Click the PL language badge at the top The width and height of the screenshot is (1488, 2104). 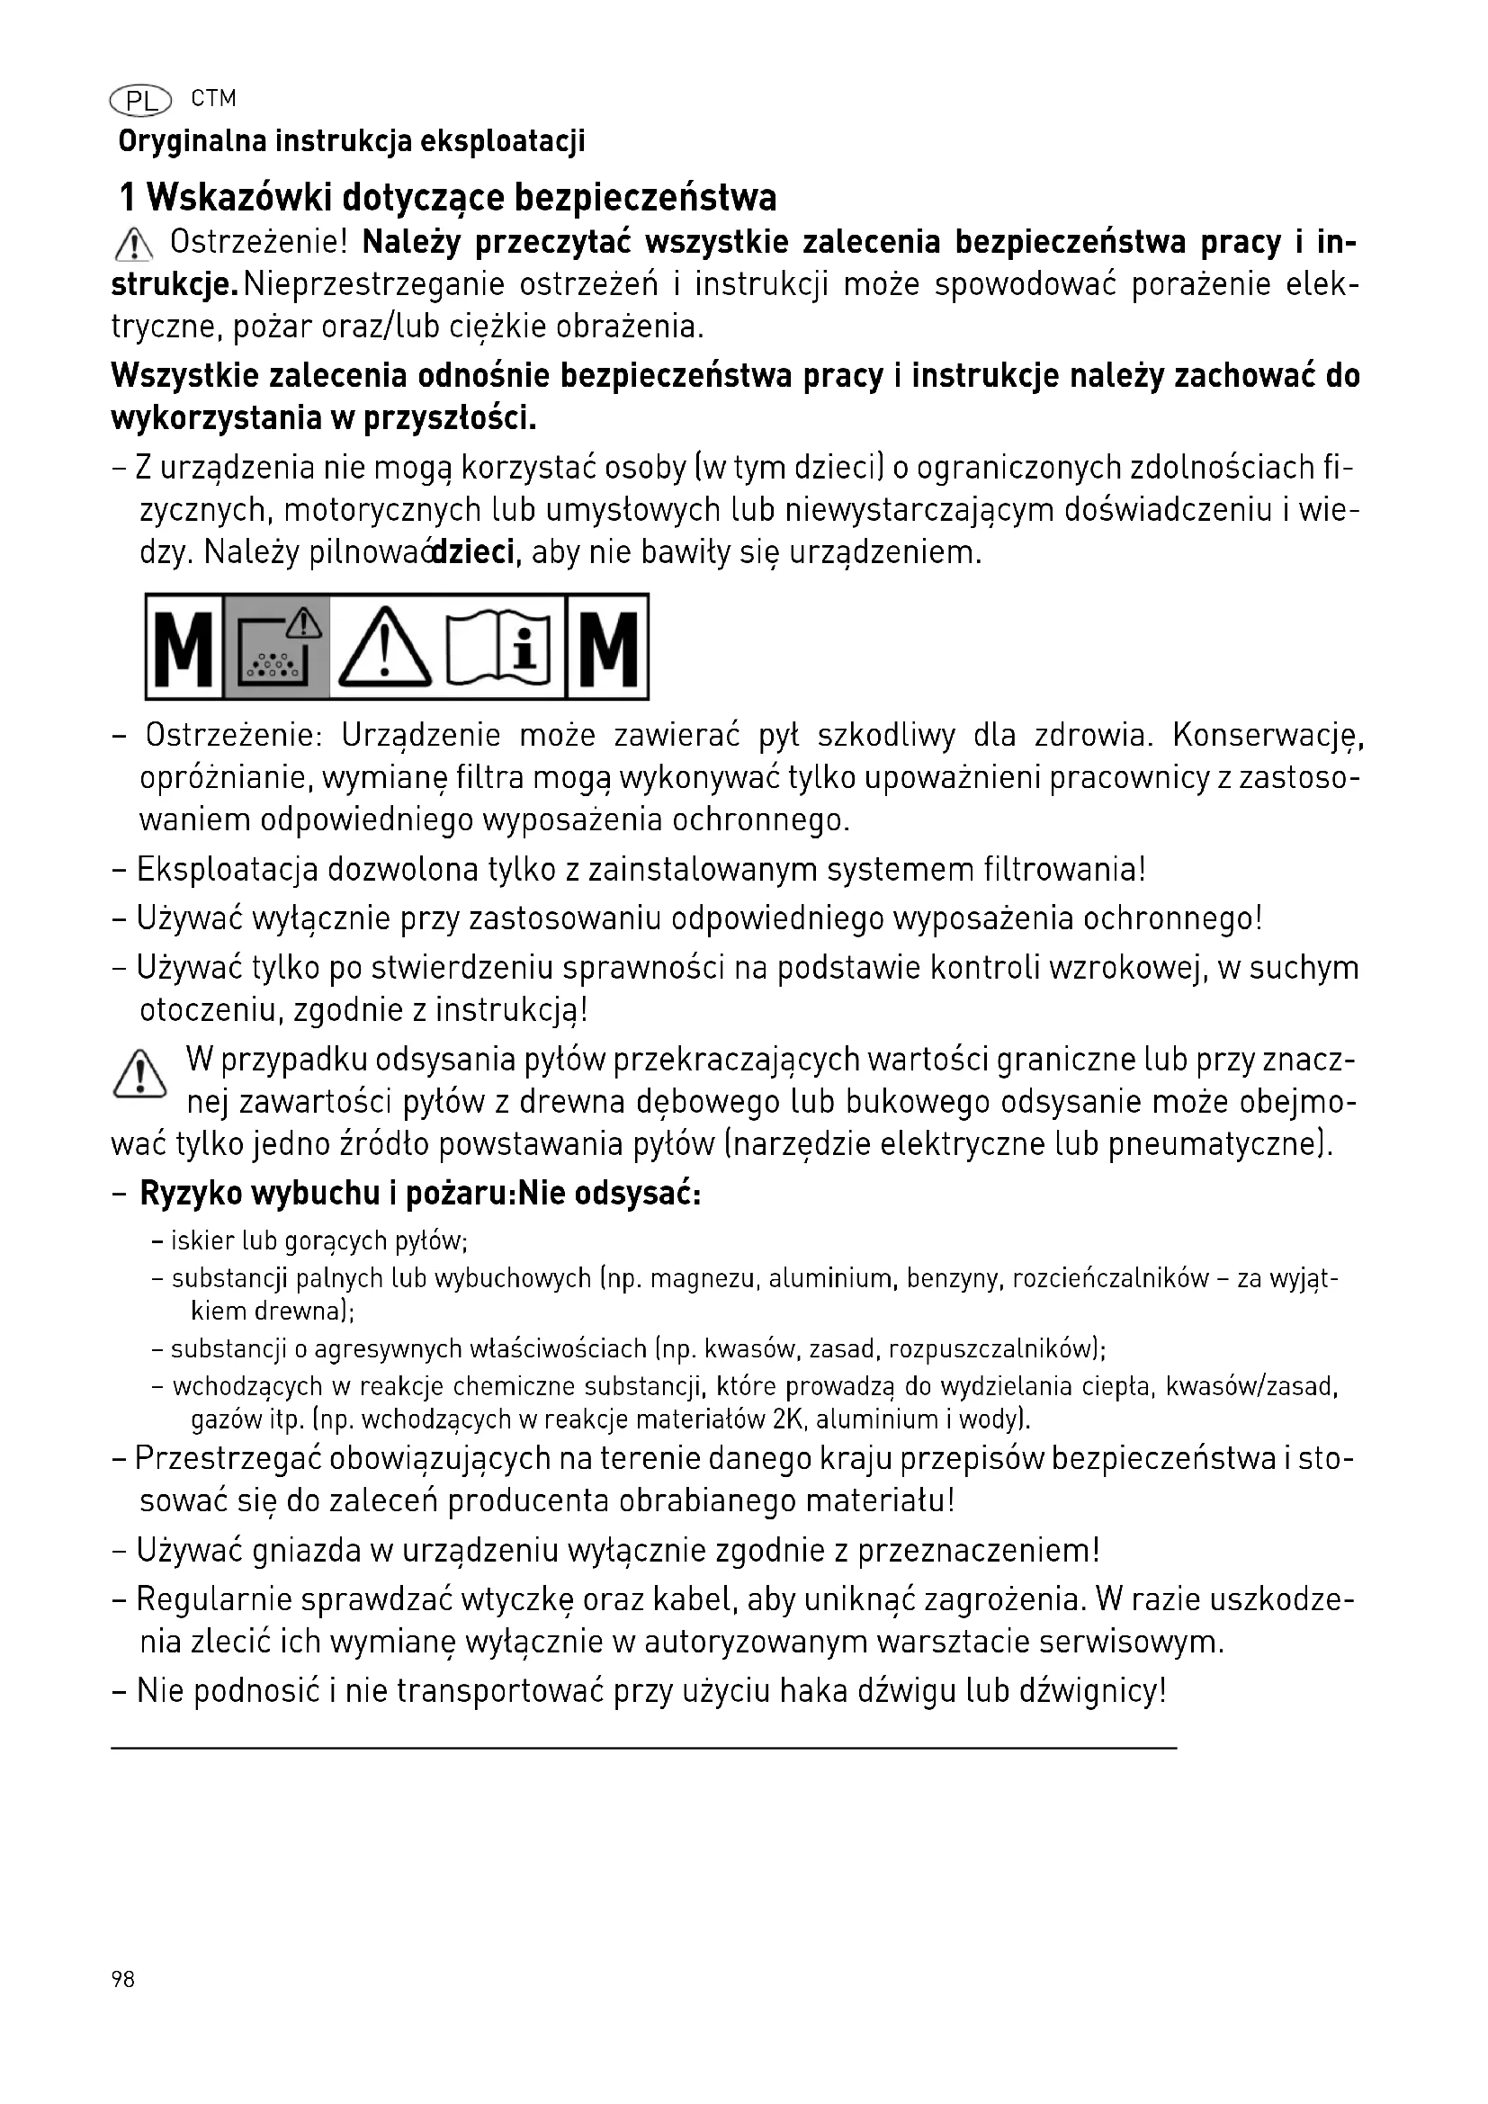(x=140, y=101)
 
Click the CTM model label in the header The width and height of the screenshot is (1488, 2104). (x=213, y=98)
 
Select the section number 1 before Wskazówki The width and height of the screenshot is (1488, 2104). (x=129, y=197)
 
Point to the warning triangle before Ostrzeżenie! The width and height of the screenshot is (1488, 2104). (x=134, y=245)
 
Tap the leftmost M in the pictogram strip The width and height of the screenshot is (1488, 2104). (x=185, y=648)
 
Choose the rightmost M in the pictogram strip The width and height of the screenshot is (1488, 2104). (x=608, y=648)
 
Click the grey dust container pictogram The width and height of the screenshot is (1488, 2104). (x=277, y=648)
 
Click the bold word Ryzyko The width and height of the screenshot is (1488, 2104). (x=191, y=1194)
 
